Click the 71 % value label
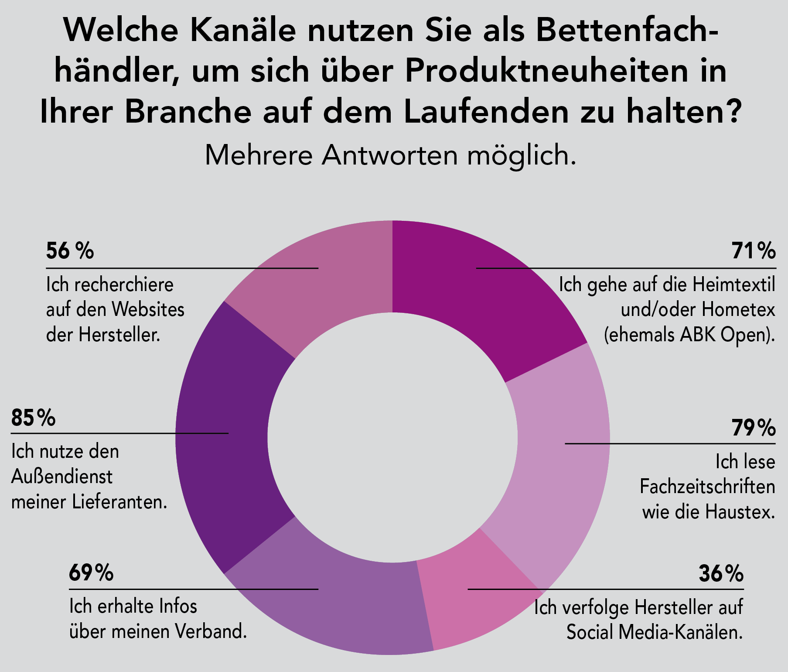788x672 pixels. (x=754, y=251)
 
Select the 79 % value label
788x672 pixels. (x=754, y=428)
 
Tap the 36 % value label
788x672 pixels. (x=721, y=574)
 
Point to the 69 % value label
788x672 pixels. (x=91, y=573)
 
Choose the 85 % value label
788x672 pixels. (x=34, y=418)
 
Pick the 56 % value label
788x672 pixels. (x=70, y=251)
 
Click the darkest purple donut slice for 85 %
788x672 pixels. (x=222, y=436)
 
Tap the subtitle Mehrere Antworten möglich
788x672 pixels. (x=390, y=155)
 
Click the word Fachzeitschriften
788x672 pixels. (x=707, y=487)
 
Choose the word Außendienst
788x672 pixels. (x=62, y=477)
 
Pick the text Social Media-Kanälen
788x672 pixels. (x=654, y=632)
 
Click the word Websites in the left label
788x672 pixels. (x=148, y=310)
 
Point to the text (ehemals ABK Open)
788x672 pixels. (x=689, y=335)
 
